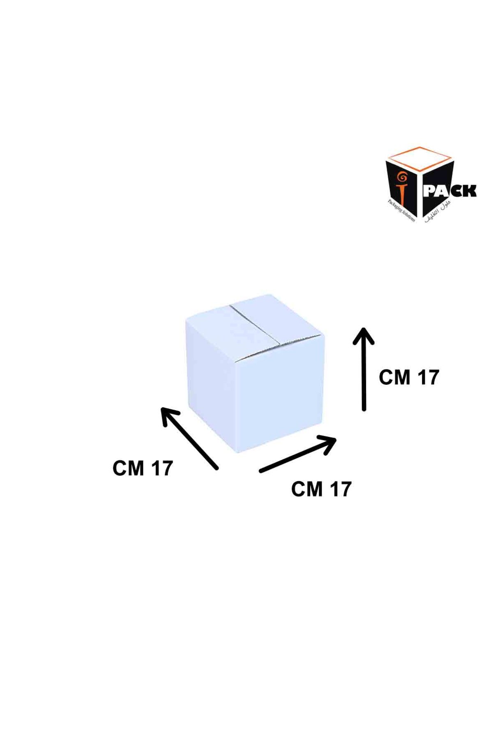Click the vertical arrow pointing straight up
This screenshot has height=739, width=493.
click(364, 369)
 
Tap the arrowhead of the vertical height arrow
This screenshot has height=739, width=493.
click(364, 335)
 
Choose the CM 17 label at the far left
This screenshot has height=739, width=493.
click(143, 468)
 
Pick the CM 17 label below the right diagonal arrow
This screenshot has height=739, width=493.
click(321, 489)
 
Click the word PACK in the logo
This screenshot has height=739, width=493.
click(449, 191)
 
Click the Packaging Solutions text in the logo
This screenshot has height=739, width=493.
click(401, 210)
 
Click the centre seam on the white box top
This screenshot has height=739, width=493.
click(255, 326)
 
